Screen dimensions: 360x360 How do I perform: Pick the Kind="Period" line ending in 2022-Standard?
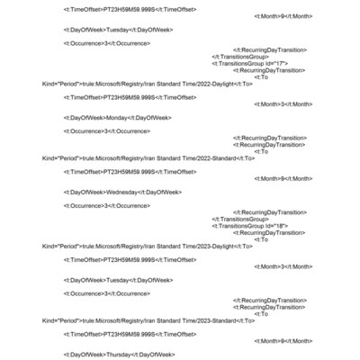pyautogui.click(x=148, y=157)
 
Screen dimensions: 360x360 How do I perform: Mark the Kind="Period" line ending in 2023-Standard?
pyautogui.click(x=148, y=320)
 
